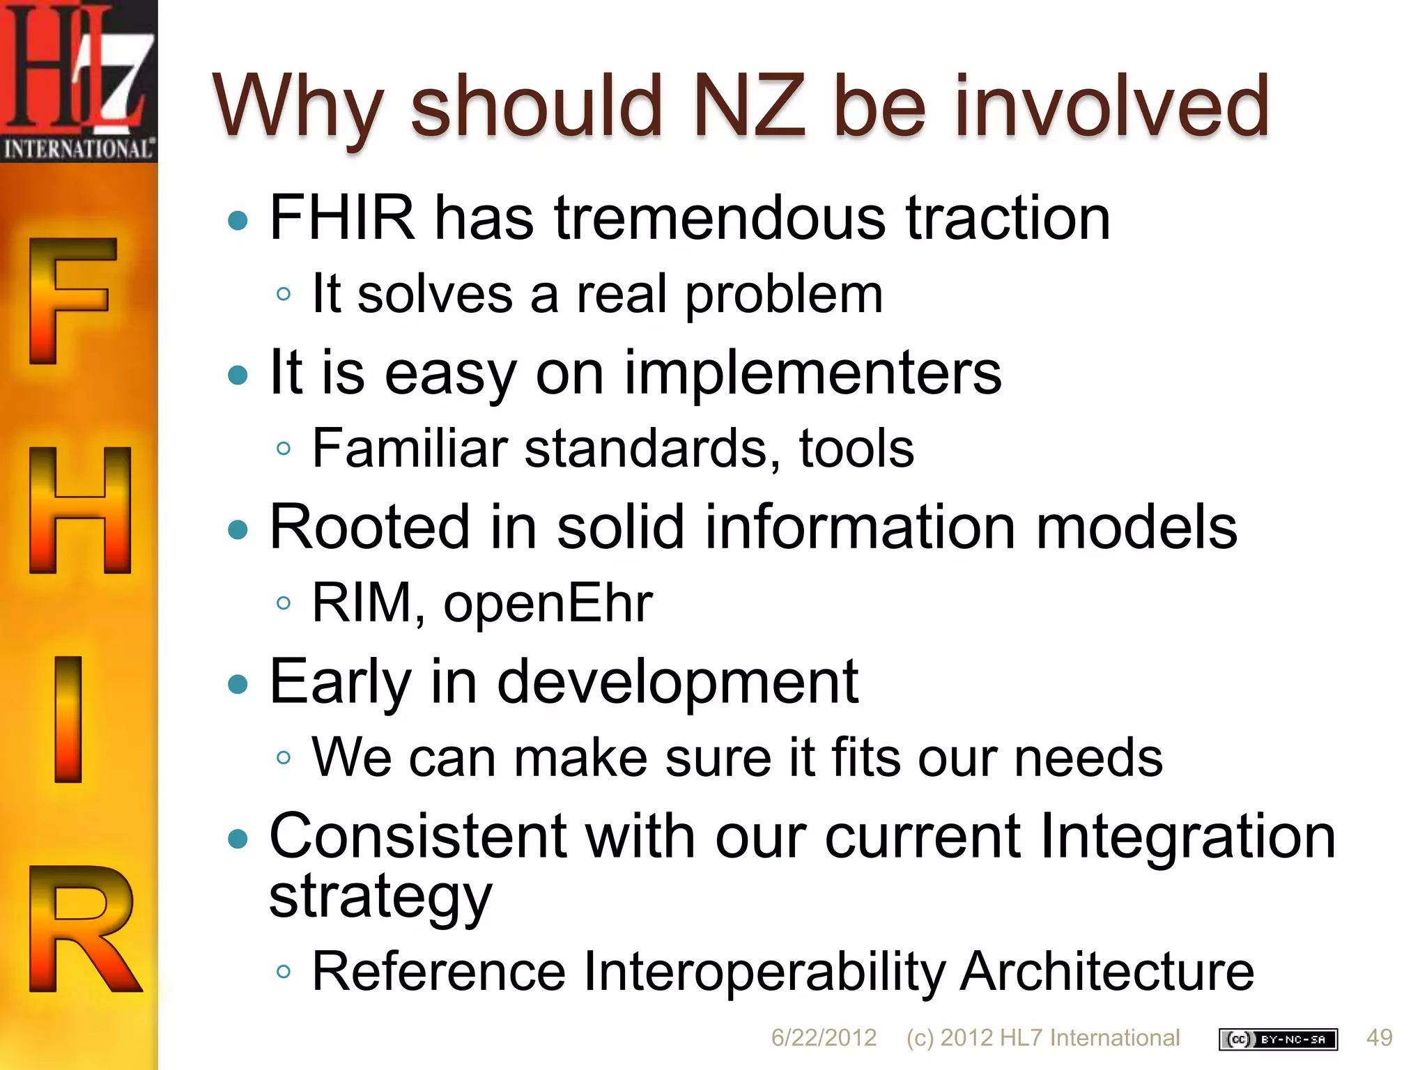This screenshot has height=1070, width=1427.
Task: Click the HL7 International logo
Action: pos(78,81)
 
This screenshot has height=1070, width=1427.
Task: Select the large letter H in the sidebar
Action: pos(80,511)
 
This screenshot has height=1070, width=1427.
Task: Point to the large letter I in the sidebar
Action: pos(68,719)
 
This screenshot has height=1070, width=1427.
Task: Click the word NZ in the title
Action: pos(749,107)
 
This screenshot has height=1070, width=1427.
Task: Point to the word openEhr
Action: pos(548,603)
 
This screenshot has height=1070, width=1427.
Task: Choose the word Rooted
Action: pos(370,527)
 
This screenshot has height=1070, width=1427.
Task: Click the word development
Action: pos(677,682)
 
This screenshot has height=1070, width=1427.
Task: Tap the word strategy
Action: pos(380,897)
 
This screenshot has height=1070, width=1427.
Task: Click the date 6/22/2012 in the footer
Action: pos(824,1038)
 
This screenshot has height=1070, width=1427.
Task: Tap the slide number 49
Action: pos(1380,1038)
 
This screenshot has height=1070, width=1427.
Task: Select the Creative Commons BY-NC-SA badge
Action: pos(1278,1039)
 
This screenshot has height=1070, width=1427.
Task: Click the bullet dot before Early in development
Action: pos(238,684)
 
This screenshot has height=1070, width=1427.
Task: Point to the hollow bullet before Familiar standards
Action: pos(283,448)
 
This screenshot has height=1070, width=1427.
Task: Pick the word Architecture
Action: pos(1107,972)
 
